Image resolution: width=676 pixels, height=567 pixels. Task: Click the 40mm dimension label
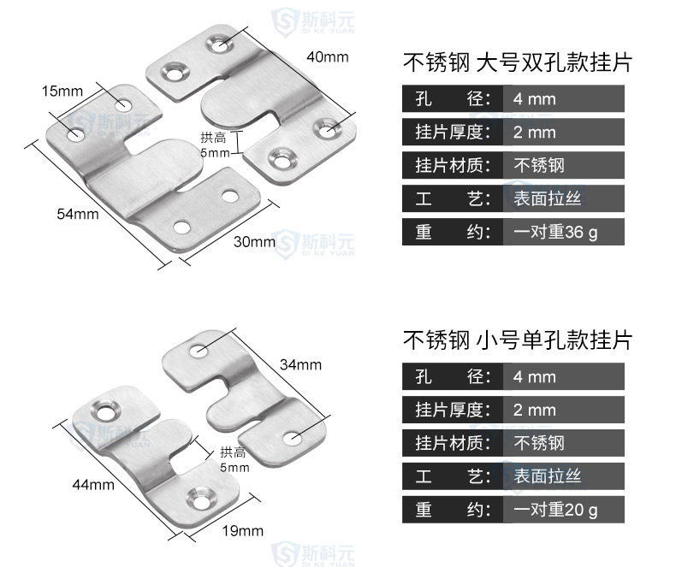tap(328, 57)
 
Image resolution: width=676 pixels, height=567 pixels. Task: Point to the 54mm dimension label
tap(78, 214)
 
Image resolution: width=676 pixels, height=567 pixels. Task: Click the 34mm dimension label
tap(300, 365)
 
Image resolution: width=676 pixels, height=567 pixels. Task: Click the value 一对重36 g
tap(555, 232)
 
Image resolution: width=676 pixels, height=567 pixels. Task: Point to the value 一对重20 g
tap(555, 511)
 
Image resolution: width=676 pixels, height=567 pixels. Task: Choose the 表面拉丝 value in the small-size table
tap(547, 476)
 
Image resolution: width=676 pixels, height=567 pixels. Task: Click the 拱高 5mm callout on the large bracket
tap(214, 145)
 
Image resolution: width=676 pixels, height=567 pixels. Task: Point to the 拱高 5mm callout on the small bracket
tap(234, 460)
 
